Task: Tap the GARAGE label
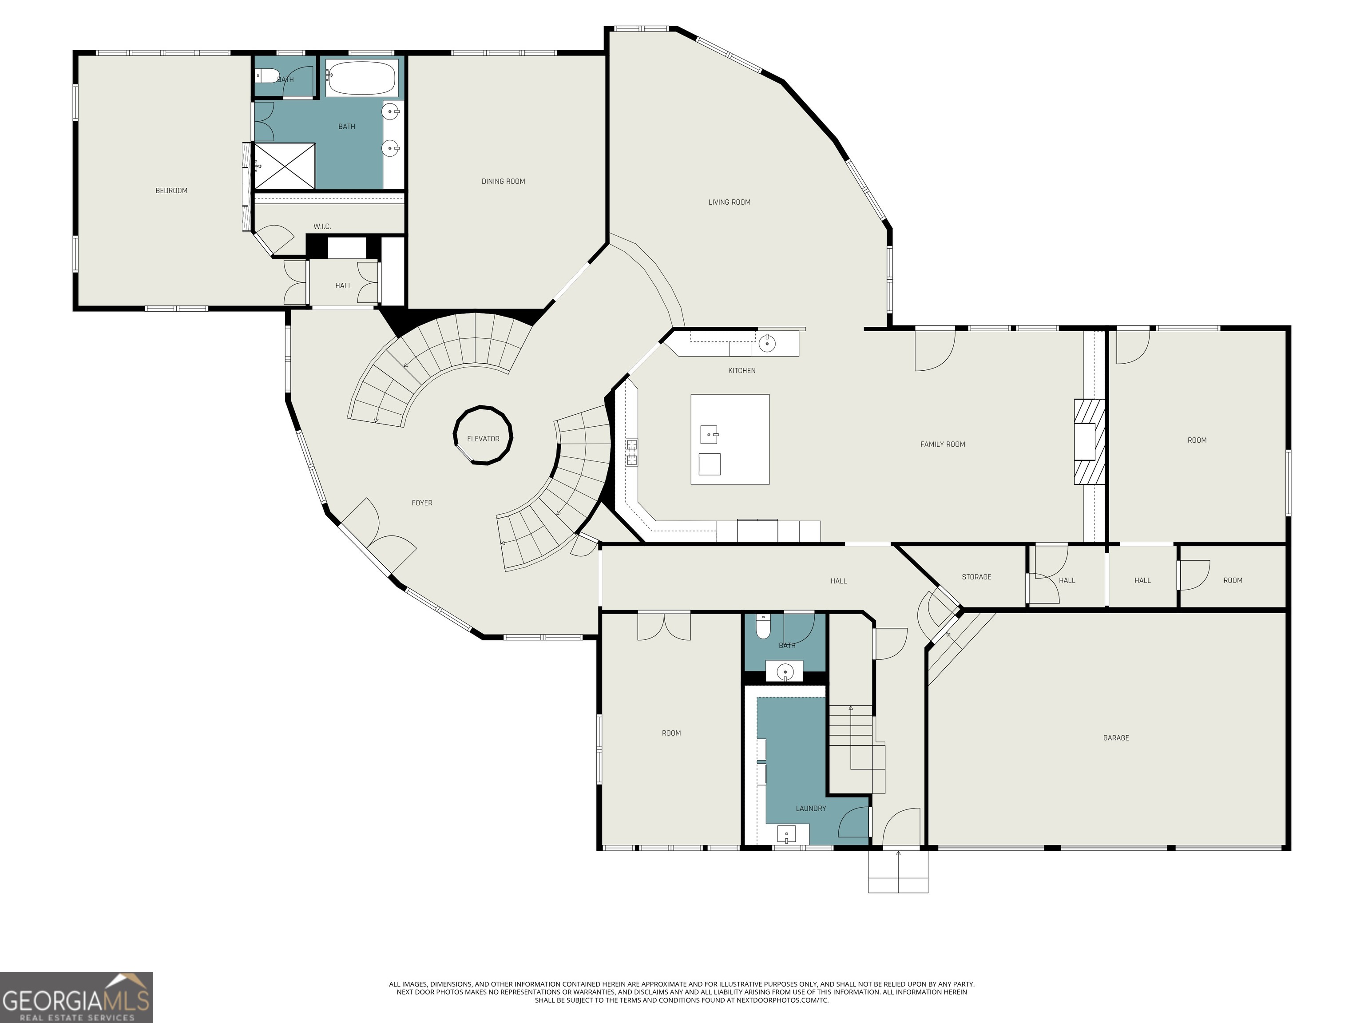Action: coord(1115,738)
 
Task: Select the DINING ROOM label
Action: coord(503,181)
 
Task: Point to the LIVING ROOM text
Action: coord(729,202)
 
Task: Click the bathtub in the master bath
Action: coord(361,78)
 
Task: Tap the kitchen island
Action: coord(730,439)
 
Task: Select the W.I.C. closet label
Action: coord(322,227)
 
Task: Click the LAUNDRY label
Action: coord(810,809)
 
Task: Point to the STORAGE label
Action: coord(976,577)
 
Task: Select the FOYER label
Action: coord(422,503)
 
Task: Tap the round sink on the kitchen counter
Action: coord(766,344)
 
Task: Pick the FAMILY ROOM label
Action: coord(942,444)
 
